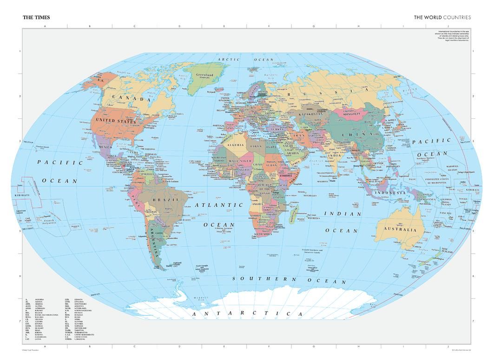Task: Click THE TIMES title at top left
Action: click(x=36, y=17)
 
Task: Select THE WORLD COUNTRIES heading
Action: click(x=442, y=17)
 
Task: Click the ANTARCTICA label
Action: click(x=247, y=314)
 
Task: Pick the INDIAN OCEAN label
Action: click(x=343, y=222)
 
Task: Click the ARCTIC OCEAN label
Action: click(x=247, y=59)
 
